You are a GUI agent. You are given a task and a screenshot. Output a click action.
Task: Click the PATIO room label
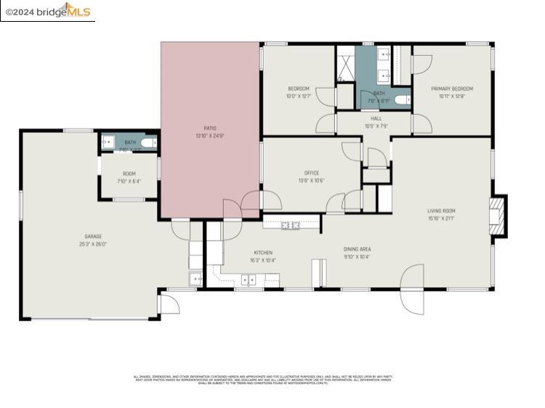[x=210, y=128]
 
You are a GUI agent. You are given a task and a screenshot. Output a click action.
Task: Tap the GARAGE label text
[x=93, y=236]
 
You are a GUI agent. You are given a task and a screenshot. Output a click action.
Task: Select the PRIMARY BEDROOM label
[x=451, y=89]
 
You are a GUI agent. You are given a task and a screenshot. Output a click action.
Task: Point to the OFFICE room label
[x=312, y=173]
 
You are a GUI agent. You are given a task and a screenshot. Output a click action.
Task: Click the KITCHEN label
[x=262, y=252]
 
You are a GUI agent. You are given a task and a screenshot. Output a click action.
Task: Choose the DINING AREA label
[x=357, y=249]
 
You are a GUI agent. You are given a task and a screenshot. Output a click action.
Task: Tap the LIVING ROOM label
[x=441, y=211]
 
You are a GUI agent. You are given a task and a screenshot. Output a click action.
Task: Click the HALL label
[x=376, y=118]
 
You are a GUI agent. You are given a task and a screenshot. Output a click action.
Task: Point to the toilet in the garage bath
[x=148, y=143]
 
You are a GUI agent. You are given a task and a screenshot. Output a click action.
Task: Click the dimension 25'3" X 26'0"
[x=93, y=244]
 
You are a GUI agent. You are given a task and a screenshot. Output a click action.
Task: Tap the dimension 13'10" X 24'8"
[x=210, y=136]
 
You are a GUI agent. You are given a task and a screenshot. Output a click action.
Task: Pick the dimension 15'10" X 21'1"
[x=441, y=218]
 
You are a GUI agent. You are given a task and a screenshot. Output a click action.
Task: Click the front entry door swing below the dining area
[x=412, y=290]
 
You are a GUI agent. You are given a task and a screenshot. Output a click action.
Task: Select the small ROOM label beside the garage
[x=129, y=174]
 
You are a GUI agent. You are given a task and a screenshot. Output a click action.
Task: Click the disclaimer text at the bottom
[x=263, y=379]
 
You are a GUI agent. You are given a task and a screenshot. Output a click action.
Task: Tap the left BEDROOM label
[x=298, y=89]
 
